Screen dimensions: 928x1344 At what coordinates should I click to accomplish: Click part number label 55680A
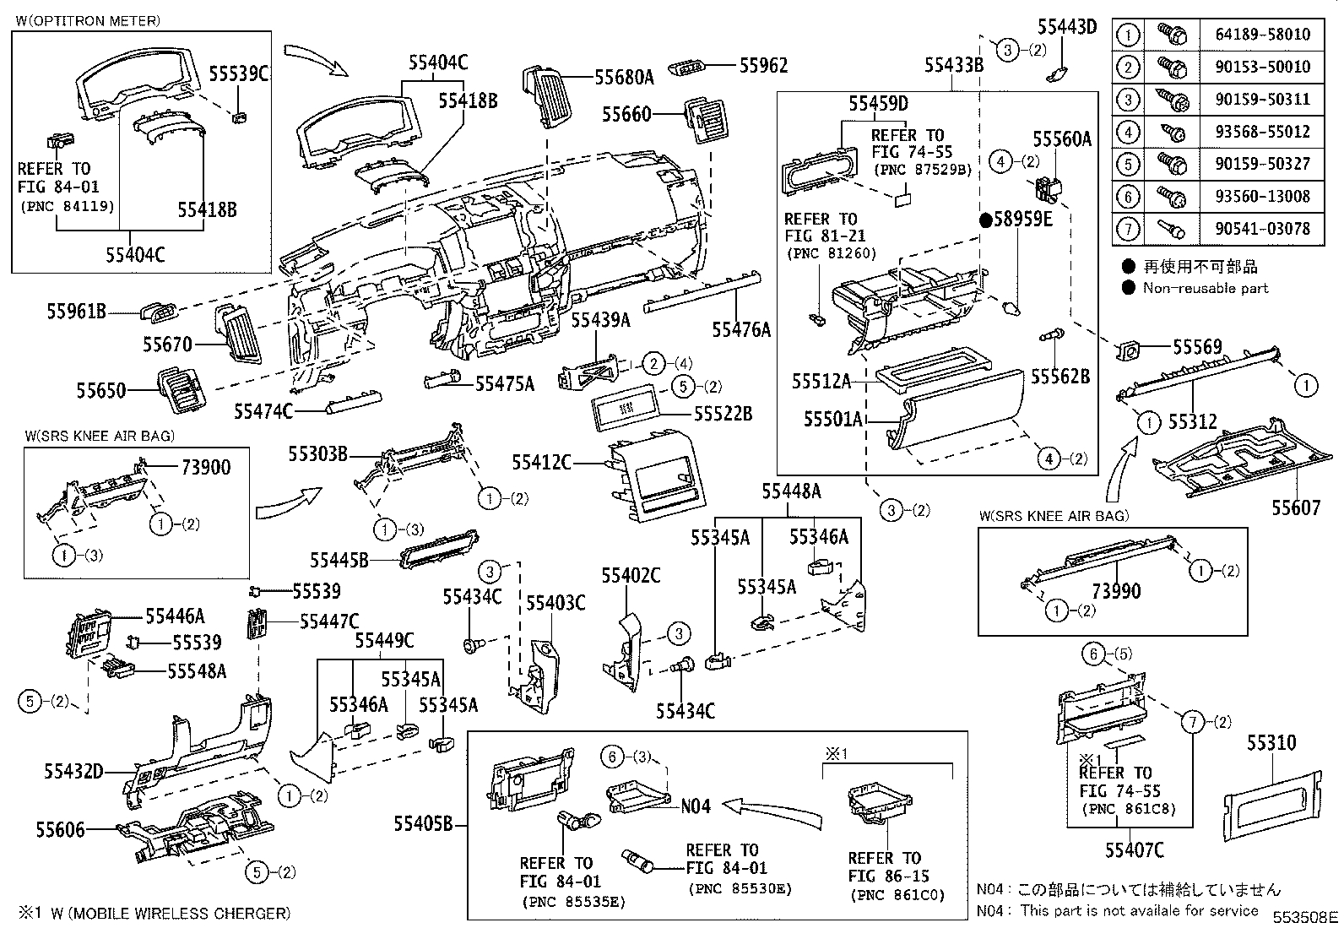[624, 78]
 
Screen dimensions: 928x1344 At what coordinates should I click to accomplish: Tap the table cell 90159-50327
[1262, 164]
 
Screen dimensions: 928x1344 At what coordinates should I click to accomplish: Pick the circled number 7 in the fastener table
[1128, 228]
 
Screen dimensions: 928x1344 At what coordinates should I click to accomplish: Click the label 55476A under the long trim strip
[741, 329]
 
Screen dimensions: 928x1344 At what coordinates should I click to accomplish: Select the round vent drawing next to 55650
[180, 390]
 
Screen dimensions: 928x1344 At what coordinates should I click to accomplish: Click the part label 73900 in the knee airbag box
[205, 467]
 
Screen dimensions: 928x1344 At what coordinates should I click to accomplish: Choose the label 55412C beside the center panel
[541, 463]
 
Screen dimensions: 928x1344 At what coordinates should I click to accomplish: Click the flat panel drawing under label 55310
[1273, 801]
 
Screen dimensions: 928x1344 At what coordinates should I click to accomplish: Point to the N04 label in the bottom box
[696, 806]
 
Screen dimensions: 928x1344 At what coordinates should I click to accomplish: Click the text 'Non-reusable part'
[1206, 288]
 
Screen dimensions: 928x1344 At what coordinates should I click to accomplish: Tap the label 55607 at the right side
[1296, 507]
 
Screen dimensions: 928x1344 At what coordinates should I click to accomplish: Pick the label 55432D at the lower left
[73, 770]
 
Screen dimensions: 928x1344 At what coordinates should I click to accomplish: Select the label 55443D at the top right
[1066, 26]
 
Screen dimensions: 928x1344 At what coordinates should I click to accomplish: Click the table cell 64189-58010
[1262, 35]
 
